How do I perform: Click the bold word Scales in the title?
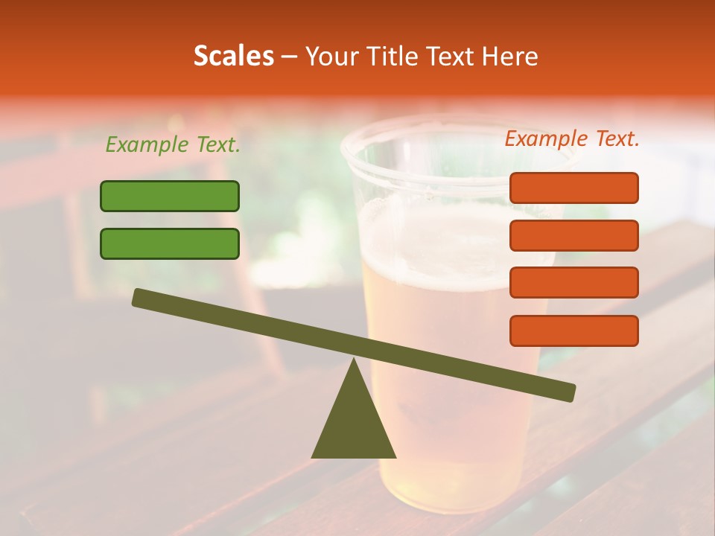[233, 56]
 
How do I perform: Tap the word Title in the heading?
[392, 56]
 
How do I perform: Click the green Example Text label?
[173, 144]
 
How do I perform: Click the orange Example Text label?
[572, 138]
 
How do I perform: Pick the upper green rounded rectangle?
[170, 196]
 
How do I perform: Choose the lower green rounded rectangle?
[170, 243]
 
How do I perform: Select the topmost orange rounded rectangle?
[573, 188]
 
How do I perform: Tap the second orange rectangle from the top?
[573, 235]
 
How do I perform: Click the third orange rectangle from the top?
[573, 283]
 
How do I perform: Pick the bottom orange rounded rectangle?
[573, 331]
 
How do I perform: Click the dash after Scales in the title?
[289, 57]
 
